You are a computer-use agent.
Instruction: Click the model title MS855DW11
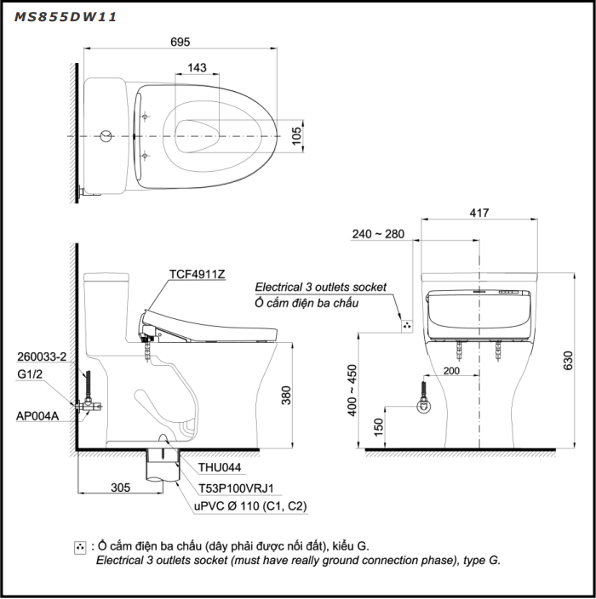point(66,15)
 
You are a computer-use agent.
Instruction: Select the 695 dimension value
point(180,41)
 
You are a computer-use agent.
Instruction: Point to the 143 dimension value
point(197,68)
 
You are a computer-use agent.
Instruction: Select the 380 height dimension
point(287,395)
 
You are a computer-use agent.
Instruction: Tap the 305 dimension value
point(120,488)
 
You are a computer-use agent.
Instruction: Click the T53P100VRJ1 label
point(236,488)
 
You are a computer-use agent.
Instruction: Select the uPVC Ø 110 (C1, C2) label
point(251,506)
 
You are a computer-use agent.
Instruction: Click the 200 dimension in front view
point(451,371)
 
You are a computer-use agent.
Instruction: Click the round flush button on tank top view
point(106,136)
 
